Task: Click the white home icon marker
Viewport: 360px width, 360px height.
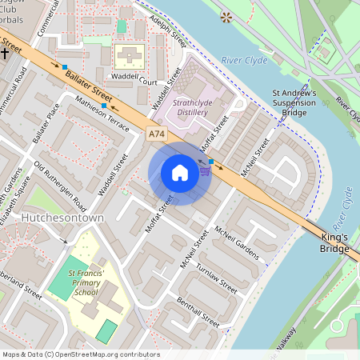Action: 180,173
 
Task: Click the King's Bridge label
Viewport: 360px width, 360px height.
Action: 335,243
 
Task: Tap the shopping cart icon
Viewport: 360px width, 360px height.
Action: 205,170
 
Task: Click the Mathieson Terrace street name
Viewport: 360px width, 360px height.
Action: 101,114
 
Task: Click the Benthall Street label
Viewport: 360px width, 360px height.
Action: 200,310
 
